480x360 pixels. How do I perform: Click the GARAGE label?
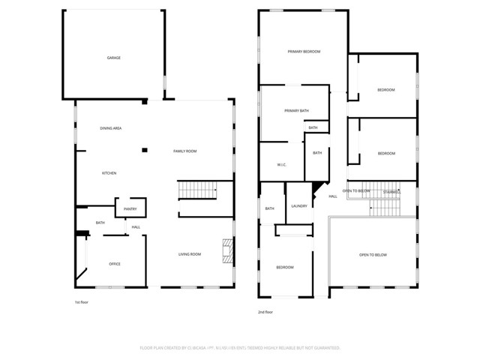113,58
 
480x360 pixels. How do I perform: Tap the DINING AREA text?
111,128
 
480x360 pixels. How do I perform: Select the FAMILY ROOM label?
184,151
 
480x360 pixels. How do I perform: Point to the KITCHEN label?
109,173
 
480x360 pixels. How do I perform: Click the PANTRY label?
130,209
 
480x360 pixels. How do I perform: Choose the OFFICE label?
115,264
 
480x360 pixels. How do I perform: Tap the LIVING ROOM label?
190,254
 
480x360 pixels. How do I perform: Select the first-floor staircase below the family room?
196,192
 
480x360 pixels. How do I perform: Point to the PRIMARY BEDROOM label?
304,52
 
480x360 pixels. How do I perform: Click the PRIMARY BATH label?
296,111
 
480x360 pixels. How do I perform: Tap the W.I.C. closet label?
282,165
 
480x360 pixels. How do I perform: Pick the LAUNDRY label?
299,205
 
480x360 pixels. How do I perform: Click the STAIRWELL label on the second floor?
391,192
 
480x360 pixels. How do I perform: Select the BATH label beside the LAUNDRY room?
269,209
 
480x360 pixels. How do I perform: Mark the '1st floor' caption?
82,302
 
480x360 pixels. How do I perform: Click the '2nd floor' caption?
265,311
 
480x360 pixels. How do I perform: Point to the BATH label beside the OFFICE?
100,223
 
